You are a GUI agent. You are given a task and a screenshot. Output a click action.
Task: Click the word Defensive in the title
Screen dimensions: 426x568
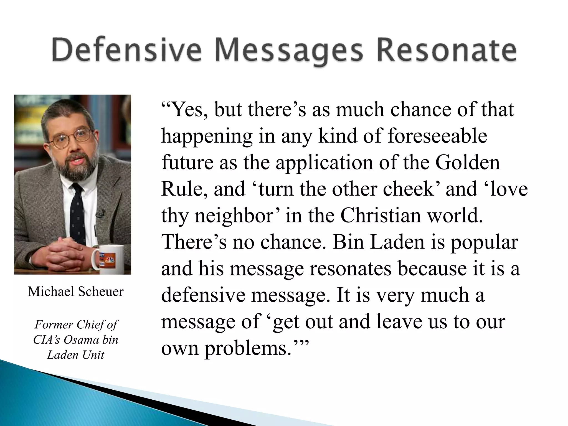pos(126,51)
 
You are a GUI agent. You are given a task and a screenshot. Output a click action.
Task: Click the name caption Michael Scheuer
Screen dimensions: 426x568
pos(75,291)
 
